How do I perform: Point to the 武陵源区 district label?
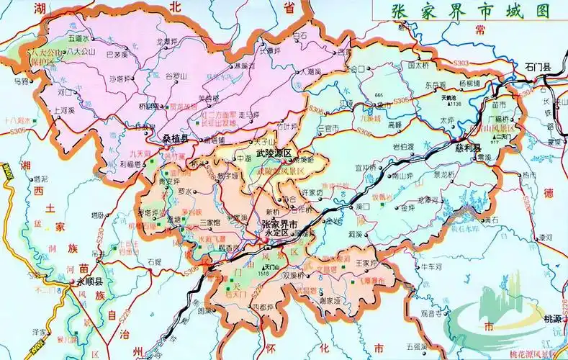coord(274,154)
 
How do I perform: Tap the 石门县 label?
coord(538,67)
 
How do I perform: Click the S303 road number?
coord(461,64)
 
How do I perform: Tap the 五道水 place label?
coord(78,37)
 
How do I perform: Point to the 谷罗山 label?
coord(176,76)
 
